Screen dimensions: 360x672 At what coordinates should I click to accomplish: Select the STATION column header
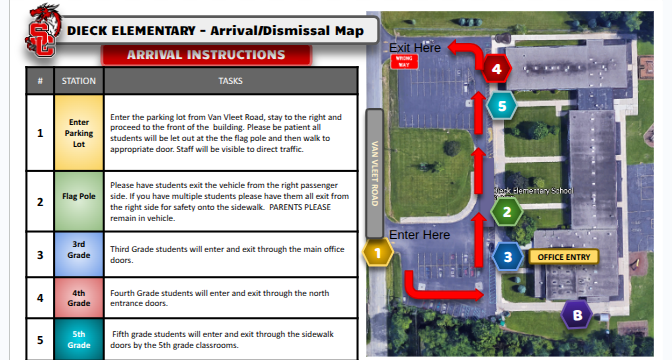(x=79, y=79)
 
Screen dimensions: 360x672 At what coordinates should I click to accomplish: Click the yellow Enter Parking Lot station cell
(x=79, y=131)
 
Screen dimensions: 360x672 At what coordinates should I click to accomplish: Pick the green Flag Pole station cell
(x=79, y=199)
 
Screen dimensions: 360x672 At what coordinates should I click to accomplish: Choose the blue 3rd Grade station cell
(x=79, y=254)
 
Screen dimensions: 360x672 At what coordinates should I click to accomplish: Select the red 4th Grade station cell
(x=79, y=297)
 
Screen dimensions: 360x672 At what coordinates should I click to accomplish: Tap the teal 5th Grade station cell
(x=79, y=338)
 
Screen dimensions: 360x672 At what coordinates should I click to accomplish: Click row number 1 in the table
(x=40, y=131)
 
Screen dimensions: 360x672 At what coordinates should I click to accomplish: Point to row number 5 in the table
(x=40, y=338)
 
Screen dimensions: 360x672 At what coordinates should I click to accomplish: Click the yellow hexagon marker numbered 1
(x=378, y=254)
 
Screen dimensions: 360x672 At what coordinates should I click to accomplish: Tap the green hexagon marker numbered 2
(x=507, y=211)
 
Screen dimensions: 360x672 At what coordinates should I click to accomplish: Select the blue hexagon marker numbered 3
(x=507, y=257)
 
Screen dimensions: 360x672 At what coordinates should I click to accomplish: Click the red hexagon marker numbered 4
(x=497, y=69)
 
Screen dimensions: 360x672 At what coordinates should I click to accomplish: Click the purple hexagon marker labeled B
(x=575, y=316)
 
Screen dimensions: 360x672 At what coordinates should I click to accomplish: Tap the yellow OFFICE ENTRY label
(x=564, y=257)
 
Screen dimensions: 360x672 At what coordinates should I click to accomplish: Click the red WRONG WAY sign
(x=406, y=62)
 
